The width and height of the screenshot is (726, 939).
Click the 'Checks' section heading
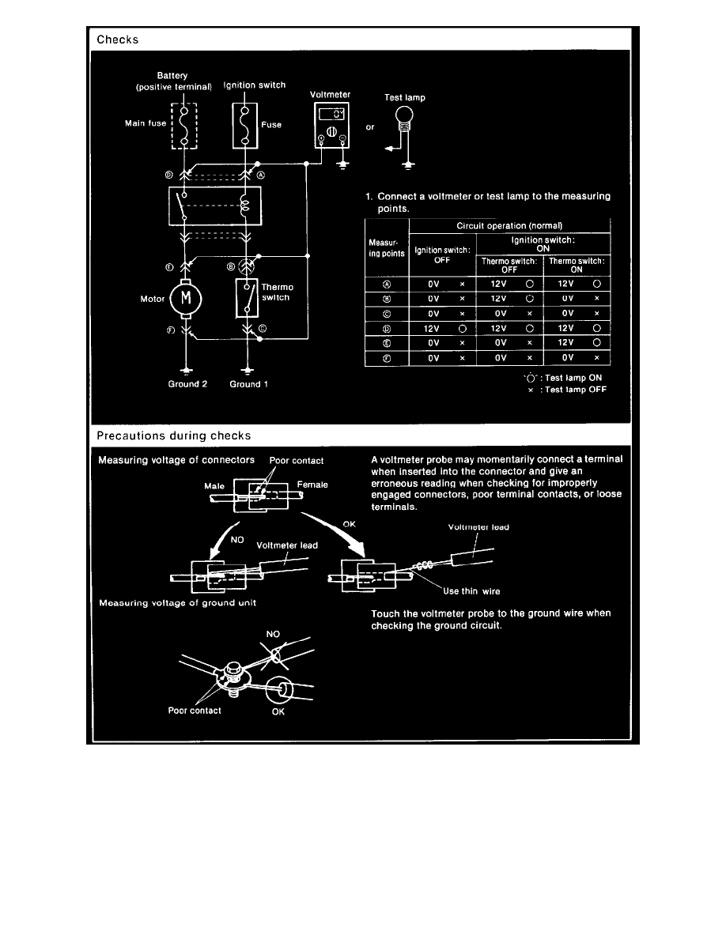pos(117,40)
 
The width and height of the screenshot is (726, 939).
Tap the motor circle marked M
pos(187,298)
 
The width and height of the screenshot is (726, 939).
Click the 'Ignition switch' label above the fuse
pos(255,85)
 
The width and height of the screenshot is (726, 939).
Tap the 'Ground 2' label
pos(187,384)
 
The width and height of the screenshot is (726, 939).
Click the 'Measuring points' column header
pos(386,248)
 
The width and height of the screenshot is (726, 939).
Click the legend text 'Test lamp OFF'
pos(574,390)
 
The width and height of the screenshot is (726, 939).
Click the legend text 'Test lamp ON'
pos(574,378)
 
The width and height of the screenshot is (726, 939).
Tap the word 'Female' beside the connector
pos(313,485)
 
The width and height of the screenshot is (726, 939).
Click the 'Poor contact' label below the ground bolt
pos(195,710)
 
